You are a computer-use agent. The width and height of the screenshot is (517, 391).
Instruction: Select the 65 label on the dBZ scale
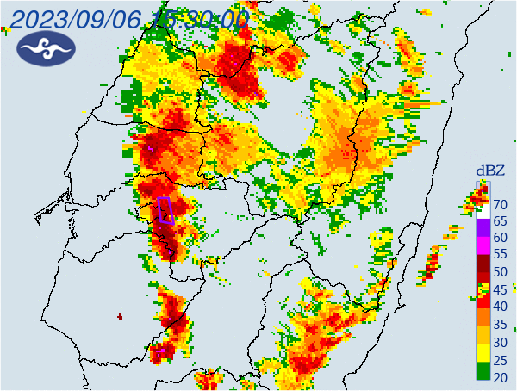(500, 221)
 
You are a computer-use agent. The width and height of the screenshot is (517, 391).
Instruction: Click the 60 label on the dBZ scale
(500, 239)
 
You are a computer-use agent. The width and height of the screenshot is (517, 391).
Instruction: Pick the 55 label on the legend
(500, 255)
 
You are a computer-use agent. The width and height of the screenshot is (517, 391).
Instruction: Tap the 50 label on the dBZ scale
(500, 272)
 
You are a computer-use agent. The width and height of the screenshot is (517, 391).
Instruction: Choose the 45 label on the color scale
(500, 289)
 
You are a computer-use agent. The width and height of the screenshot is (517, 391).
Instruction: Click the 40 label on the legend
(500, 307)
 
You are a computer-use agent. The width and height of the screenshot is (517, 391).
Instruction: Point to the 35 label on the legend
(500, 324)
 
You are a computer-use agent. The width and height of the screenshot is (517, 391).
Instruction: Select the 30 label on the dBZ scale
(500, 341)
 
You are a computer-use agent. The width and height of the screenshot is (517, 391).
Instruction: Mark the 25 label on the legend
(500, 358)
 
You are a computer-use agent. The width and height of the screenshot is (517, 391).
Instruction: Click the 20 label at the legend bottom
(500, 375)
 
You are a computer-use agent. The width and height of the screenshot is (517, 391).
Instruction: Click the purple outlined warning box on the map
(166, 210)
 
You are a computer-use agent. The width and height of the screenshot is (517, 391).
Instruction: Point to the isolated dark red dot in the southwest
(120, 317)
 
